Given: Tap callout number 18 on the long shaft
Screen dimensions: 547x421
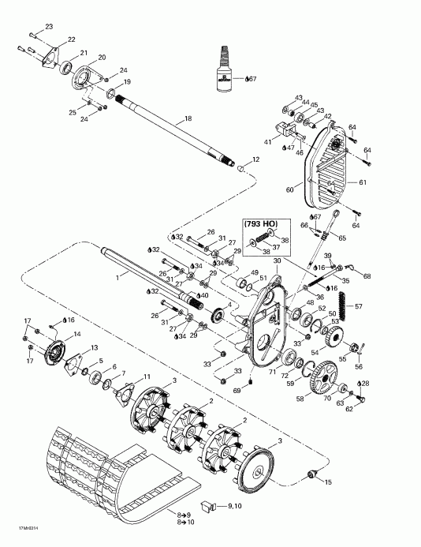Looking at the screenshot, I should tap(187, 119).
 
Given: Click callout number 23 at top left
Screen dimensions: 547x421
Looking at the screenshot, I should tap(49, 28).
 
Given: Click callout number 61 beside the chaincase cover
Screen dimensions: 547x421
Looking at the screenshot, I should tap(363, 182).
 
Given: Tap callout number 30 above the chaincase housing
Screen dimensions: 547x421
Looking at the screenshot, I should tap(278, 261).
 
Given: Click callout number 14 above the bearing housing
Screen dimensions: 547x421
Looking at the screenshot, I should tap(76, 335).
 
